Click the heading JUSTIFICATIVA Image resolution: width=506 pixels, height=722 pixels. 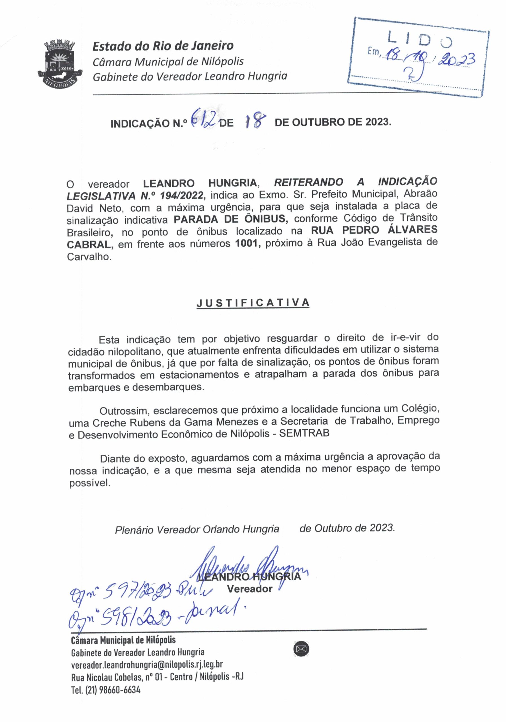(x=253, y=303)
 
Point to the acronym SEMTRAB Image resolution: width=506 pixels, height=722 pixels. (x=304, y=433)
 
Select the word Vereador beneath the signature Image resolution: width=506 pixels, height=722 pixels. (x=249, y=589)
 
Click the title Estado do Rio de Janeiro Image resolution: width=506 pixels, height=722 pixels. (x=163, y=46)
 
